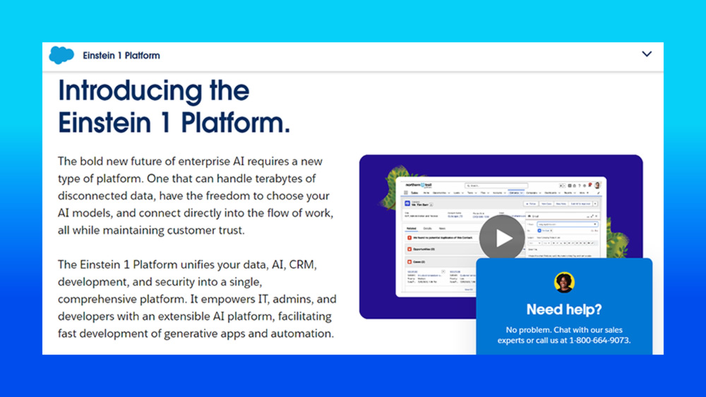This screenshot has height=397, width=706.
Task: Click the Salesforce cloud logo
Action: pyautogui.click(x=61, y=55)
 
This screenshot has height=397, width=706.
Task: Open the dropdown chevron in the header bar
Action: pyautogui.click(x=647, y=54)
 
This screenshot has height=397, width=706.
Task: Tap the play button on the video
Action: pyautogui.click(x=502, y=238)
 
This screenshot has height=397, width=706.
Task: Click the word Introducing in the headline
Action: pyautogui.click(x=124, y=91)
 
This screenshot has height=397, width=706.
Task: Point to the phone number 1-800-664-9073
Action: pyautogui.click(x=599, y=341)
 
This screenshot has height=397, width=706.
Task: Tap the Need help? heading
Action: pyautogui.click(x=564, y=310)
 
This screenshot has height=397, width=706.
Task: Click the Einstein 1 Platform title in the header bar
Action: pyautogui.click(x=121, y=55)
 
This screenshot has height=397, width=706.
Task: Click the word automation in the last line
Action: pyautogui.click(x=299, y=334)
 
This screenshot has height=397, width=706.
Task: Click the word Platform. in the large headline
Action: pyautogui.click(x=236, y=122)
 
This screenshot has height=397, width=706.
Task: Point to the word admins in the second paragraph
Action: pyautogui.click(x=288, y=299)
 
